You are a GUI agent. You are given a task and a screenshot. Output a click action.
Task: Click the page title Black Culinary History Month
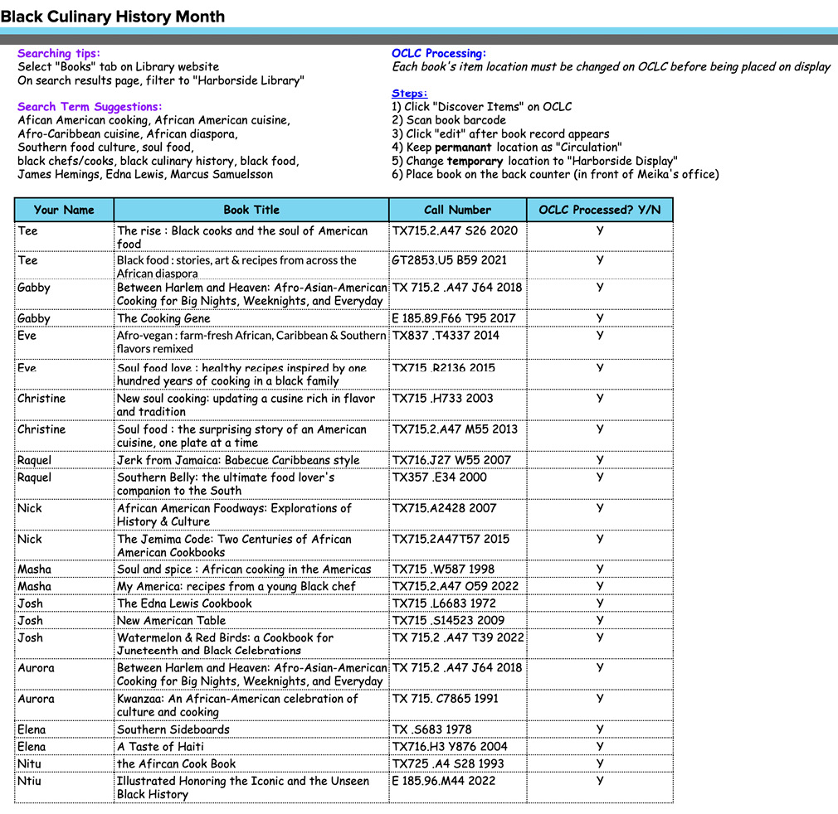pos(112,16)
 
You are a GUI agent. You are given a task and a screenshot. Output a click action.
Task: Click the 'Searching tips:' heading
pos(58,53)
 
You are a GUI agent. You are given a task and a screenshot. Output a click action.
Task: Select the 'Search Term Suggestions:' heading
pos(90,106)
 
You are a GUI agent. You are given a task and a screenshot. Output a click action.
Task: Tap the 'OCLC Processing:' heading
pos(439,53)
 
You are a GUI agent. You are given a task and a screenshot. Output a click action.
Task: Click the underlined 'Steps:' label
pos(409,93)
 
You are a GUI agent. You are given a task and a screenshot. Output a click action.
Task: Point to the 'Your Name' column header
pos(64,210)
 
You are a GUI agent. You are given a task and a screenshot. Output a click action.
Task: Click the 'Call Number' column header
pos(457,210)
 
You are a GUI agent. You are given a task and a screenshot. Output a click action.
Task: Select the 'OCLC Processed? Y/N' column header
pos(599,210)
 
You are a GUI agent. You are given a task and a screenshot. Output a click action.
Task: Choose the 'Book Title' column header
pos(251,210)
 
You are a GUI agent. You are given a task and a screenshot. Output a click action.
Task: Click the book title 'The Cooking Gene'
pos(163,318)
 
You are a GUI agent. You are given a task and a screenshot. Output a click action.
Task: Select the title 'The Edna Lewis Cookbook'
pos(184,603)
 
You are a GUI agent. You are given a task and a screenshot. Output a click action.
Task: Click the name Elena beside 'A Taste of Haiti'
pos(32,746)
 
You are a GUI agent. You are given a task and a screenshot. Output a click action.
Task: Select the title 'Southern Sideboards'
pos(173,729)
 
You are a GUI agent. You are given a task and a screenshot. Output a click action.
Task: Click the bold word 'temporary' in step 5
pos(475,161)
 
